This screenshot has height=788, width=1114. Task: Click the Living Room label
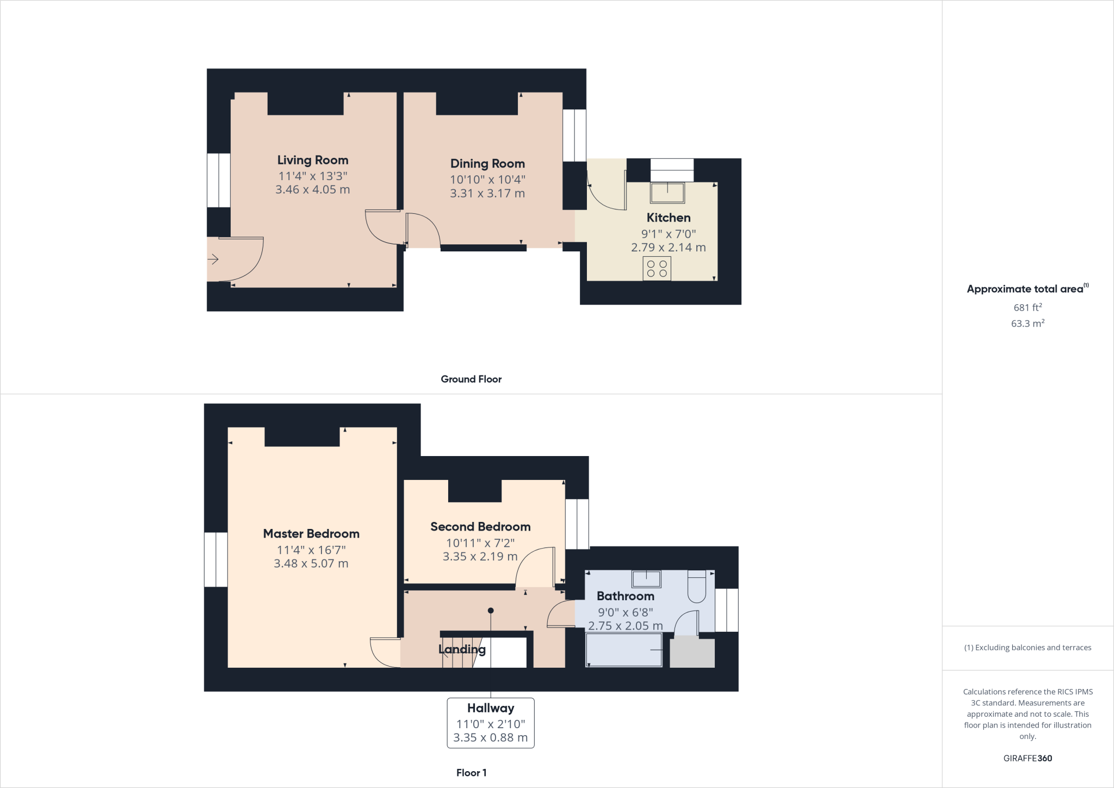click(x=313, y=160)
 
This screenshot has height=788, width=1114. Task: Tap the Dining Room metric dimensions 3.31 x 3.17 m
click(x=487, y=193)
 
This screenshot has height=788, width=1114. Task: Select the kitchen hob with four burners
click(x=657, y=268)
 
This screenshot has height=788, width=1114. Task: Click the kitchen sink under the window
click(x=667, y=193)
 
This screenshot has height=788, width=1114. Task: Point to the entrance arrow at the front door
click(x=213, y=260)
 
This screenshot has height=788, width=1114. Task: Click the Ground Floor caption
click(x=471, y=379)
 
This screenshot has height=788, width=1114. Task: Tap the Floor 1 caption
click(x=471, y=773)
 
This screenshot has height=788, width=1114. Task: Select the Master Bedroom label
click(x=311, y=534)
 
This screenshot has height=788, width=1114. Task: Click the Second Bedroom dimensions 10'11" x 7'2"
click(x=480, y=543)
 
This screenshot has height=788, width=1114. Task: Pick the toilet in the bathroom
click(x=697, y=587)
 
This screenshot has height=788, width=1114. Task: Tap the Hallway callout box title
click(x=491, y=708)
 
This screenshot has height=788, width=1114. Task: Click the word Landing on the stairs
click(x=462, y=649)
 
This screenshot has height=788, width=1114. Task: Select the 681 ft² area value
click(x=1028, y=307)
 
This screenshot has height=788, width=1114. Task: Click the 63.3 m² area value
click(x=1028, y=323)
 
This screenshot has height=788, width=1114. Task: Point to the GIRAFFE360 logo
click(x=1028, y=758)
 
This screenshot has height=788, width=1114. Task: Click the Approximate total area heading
click(x=1025, y=289)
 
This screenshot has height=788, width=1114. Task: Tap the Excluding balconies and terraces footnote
click(x=1028, y=648)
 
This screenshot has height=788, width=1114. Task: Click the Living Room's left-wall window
click(x=219, y=180)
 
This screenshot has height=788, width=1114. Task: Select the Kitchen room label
click(x=669, y=218)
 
